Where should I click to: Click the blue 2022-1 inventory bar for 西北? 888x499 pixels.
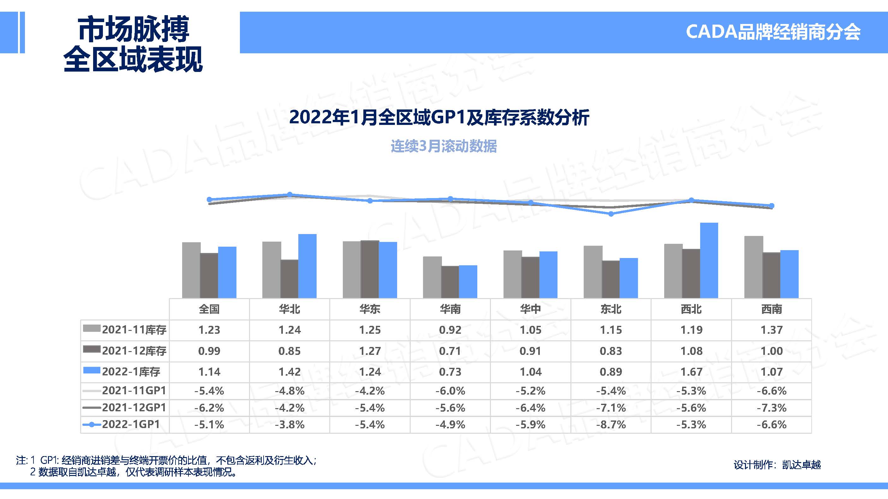[709, 260]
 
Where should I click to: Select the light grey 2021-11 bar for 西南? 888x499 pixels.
[754, 267]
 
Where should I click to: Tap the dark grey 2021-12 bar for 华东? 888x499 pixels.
[370, 269]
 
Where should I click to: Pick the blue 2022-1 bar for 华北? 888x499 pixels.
[307, 266]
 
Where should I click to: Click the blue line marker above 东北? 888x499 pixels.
[611, 214]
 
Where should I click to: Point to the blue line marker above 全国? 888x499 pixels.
[209, 199]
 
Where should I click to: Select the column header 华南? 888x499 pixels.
[450, 309]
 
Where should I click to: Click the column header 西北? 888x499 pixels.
[691, 309]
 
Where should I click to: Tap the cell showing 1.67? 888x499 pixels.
[691, 372]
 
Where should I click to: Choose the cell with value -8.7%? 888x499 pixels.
[611, 424]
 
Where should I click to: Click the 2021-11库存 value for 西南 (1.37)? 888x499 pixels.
[772, 330]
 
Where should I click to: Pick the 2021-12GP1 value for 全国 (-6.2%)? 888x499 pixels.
[209, 408]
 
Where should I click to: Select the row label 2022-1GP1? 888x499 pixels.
[131, 424]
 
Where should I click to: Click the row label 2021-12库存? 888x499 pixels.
[134, 351]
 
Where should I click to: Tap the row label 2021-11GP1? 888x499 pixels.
[134, 390]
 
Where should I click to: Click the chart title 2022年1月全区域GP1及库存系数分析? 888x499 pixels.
[439, 117]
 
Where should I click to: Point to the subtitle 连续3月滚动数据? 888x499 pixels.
[444, 146]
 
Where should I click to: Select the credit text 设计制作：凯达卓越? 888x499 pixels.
[777, 465]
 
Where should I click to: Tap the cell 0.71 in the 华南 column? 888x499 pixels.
[450, 351]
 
